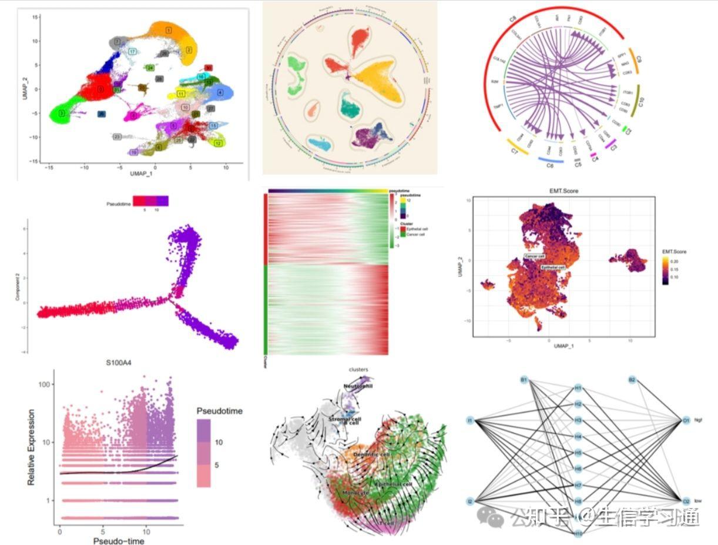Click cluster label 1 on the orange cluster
pos(169,29)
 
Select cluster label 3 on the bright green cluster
pos(61,113)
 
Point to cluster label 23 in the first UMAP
pos(118,137)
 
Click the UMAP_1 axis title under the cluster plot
pos(133,174)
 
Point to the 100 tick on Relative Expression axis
pos(43,384)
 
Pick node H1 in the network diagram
pos(578,389)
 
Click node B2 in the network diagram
pos(632,380)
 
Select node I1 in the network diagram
pos(470,420)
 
